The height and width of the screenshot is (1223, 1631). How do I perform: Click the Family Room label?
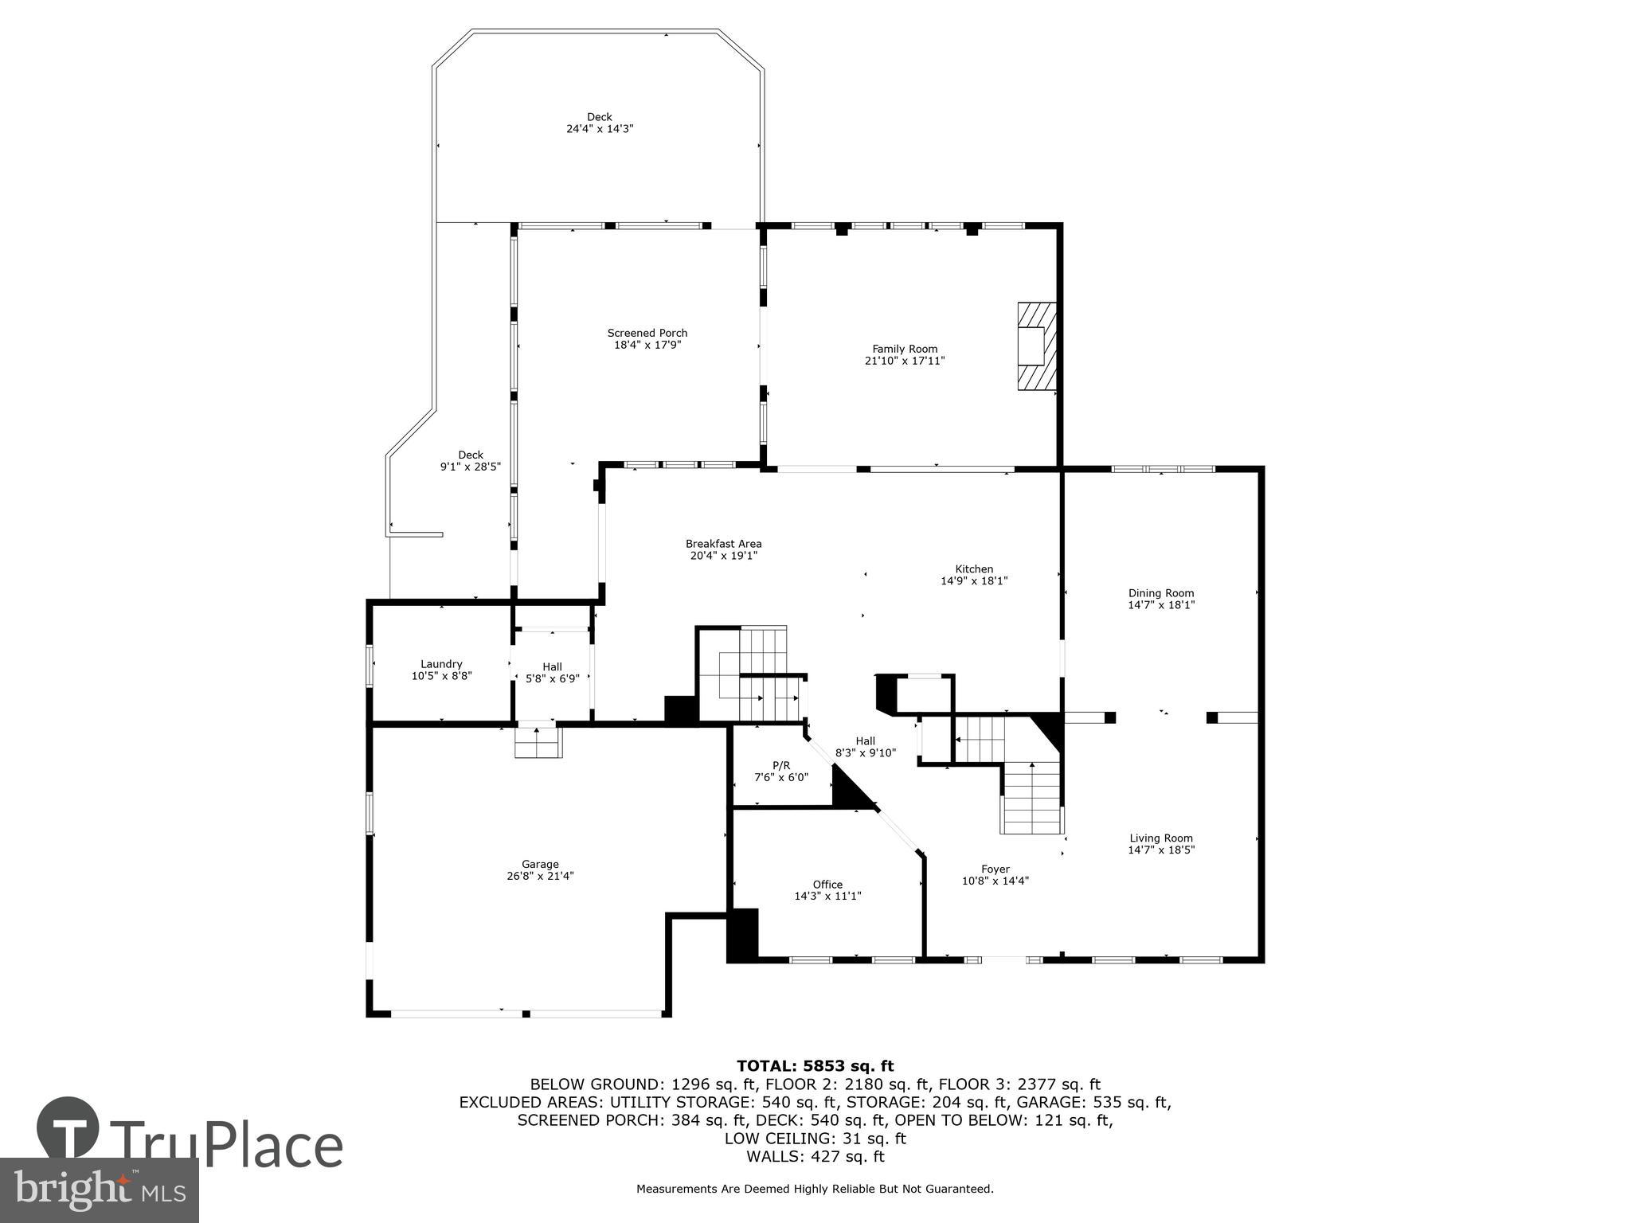tap(905, 349)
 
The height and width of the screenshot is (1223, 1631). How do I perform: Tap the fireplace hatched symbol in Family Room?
tap(1037, 346)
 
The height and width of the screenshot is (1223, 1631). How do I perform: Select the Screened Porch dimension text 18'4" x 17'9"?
tap(647, 345)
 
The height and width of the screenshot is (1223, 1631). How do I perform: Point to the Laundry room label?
tap(441, 664)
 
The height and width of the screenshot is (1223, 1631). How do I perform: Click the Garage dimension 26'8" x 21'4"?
tap(540, 876)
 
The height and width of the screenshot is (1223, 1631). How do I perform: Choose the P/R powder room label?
tap(781, 765)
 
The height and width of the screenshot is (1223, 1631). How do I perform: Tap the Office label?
tap(827, 885)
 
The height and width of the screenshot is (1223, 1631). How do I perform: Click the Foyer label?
tap(995, 869)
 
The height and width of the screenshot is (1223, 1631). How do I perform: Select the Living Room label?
tap(1161, 838)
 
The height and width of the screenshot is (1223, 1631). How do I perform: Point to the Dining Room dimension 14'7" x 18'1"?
tap(1161, 604)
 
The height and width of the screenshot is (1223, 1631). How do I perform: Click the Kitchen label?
tap(974, 569)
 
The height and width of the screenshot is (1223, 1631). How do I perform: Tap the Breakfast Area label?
tap(723, 544)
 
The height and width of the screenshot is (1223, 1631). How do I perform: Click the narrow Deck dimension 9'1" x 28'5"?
tap(471, 467)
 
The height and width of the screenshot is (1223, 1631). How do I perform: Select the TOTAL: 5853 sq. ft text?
tap(815, 1066)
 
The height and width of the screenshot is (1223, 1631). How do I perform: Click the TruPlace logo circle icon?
tap(68, 1127)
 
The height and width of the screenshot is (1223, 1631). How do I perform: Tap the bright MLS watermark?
tap(99, 1190)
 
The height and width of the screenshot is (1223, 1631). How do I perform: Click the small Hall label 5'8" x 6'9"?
tap(552, 667)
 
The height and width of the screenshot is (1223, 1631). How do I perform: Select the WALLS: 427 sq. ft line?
tap(815, 1157)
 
